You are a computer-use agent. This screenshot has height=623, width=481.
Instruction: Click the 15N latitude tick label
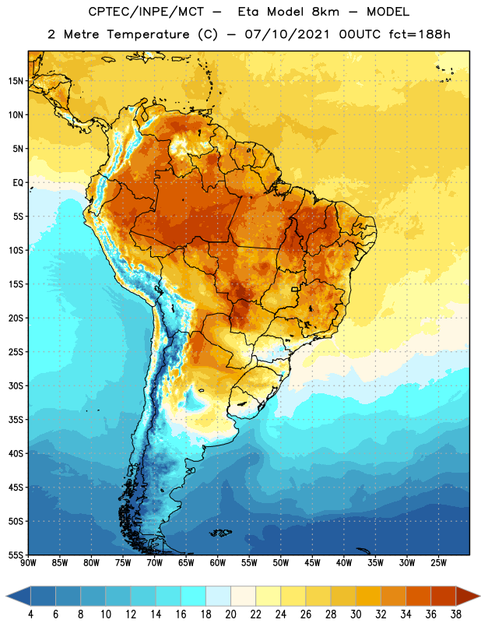16,81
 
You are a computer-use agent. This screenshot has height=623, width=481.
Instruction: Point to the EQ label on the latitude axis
18,183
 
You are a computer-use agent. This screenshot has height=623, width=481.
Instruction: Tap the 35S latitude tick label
16,420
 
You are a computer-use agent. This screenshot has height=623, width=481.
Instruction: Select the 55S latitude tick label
16,554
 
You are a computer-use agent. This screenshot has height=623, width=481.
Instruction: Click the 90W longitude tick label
28,563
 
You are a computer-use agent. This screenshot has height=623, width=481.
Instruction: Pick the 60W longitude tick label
218,563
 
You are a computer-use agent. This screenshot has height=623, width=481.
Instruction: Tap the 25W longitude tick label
438,563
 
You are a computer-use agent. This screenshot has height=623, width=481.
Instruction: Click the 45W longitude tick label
312,563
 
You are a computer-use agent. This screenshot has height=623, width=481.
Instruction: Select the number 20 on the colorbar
230,614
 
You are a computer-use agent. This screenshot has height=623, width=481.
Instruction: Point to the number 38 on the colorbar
456,614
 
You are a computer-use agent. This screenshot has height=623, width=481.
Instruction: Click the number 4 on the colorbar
30,614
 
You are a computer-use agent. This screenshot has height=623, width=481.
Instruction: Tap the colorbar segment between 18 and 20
218,596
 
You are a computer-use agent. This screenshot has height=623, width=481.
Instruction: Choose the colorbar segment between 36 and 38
444,596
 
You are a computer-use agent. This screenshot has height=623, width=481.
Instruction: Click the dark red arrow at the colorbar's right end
467,596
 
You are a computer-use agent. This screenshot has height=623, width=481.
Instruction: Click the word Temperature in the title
149,34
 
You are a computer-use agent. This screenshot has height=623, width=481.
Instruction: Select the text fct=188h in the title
420,34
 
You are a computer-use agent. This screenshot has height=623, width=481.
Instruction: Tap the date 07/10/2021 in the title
287,34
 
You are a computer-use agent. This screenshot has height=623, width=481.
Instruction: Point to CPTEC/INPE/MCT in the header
146,12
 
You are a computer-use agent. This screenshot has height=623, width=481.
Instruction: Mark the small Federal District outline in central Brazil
295,289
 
